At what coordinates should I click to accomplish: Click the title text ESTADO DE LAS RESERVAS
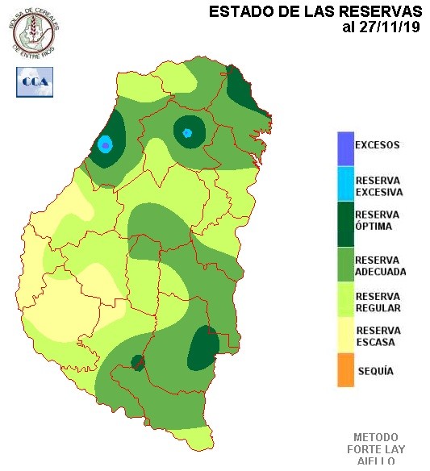(x=315, y=11)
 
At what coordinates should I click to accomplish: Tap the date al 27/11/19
(x=382, y=27)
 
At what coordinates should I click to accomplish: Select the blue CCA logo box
(x=35, y=81)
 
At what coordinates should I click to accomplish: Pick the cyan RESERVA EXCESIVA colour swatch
(x=345, y=185)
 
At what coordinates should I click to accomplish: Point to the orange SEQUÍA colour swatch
(x=345, y=370)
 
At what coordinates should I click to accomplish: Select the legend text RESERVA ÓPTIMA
(x=378, y=220)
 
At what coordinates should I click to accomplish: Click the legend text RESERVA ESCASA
(x=378, y=336)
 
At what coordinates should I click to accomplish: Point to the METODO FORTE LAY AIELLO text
(x=376, y=448)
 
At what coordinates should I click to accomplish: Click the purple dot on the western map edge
(x=105, y=144)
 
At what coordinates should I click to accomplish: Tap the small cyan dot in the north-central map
(x=187, y=133)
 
